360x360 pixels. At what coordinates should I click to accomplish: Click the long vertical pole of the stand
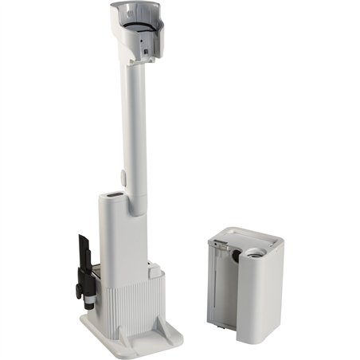click(135, 119)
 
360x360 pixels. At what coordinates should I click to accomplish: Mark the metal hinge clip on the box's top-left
click(217, 242)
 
